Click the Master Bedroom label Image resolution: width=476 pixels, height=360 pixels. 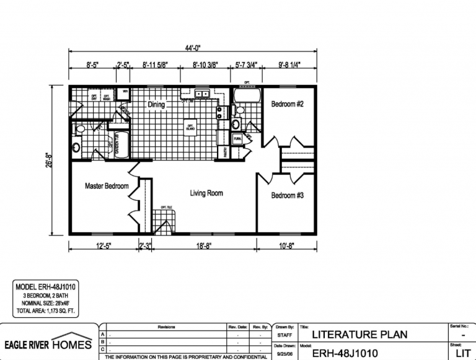pos(107,186)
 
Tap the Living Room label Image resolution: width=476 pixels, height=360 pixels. pos(206,193)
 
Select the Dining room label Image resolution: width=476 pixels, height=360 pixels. pos(156,105)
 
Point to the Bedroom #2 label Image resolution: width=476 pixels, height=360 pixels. pos(287,104)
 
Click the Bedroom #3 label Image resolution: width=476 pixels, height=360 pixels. pos(287,196)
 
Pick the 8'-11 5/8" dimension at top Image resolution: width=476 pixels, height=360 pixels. pos(155,64)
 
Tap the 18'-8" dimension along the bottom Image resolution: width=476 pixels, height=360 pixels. pos(205,246)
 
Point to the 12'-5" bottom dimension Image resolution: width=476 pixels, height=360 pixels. pos(102,246)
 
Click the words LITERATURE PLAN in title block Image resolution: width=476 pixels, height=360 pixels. pos(353,335)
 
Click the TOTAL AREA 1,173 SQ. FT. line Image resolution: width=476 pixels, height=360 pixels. pos(45,312)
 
